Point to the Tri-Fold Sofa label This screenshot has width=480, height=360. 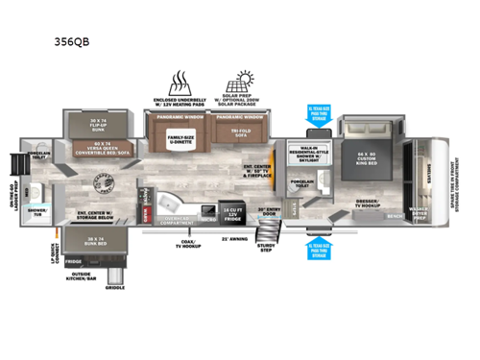232,132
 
